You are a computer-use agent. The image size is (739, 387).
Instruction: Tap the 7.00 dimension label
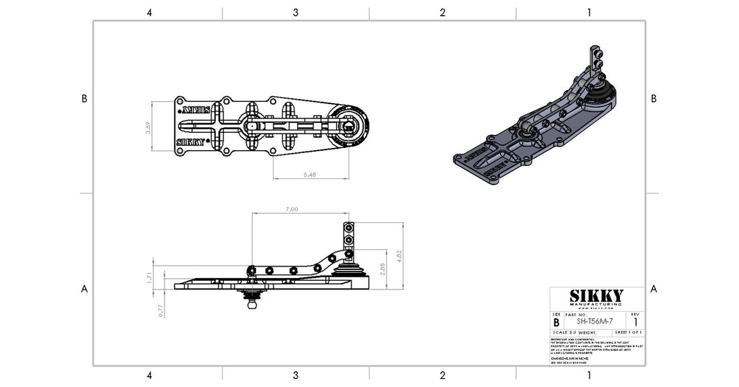[292, 209]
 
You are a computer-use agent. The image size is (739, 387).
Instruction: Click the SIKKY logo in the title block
[596, 296]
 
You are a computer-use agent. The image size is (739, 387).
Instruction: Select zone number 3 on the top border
[296, 12]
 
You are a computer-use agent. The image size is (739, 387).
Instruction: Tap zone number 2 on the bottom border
[442, 375]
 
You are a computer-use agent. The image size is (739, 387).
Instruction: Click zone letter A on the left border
[84, 289]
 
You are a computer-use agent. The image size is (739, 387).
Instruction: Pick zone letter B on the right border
[654, 98]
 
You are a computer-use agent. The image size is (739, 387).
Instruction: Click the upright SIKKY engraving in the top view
[193, 142]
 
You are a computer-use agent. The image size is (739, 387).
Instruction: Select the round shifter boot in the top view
[349, 126]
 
